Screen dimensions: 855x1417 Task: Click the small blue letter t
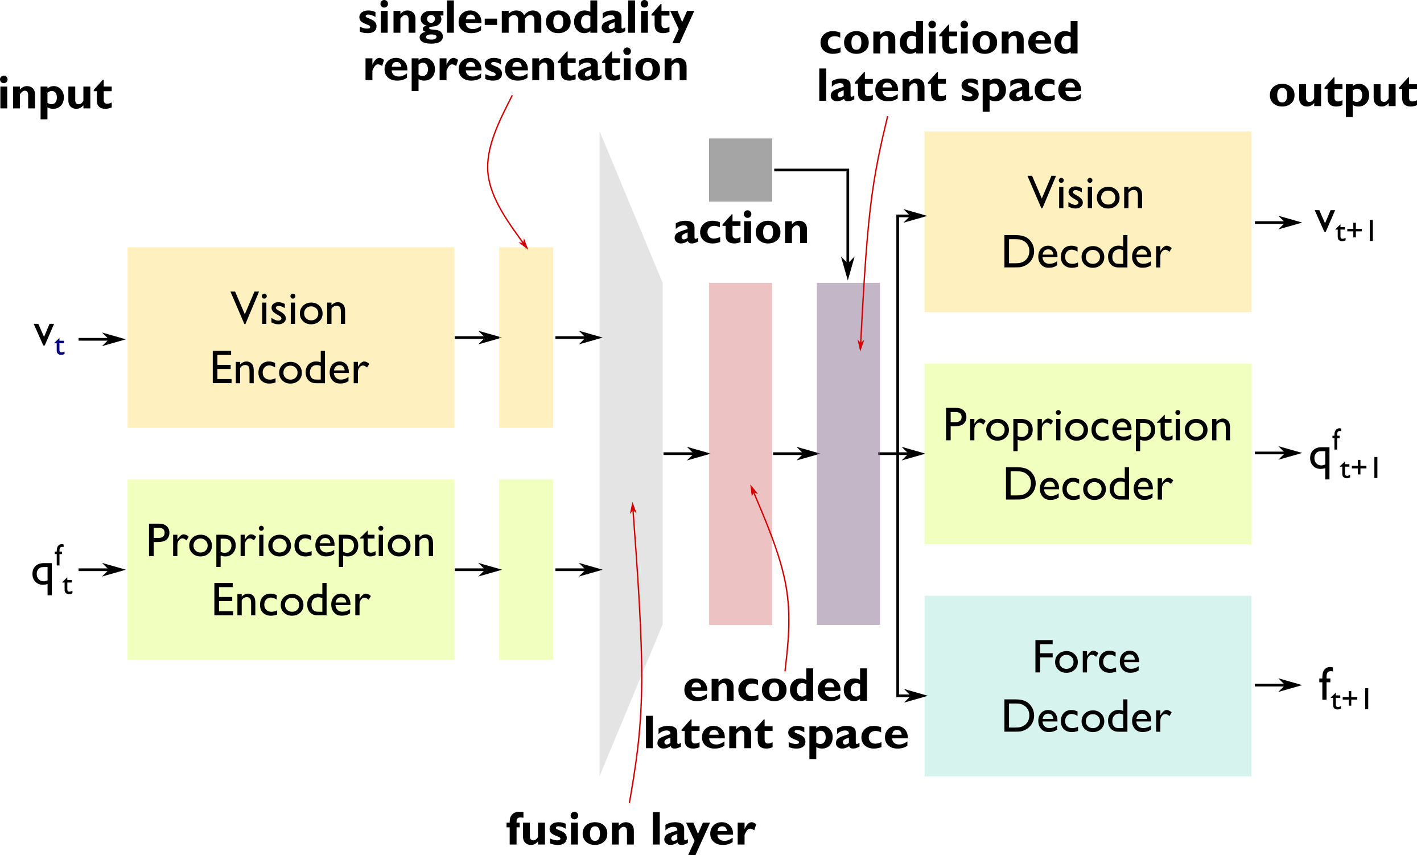pos(60,346)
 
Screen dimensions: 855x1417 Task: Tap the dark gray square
pos(740,170)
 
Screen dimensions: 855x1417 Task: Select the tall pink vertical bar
pos(740,403)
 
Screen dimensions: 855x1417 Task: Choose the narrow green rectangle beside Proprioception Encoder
pos(526,570)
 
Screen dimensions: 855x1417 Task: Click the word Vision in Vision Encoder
pos(289,309)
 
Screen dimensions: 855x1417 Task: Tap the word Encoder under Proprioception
pos(291,600)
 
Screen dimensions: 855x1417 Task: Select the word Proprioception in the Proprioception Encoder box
pos(290,541)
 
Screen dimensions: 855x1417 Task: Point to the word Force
pos(1086,657)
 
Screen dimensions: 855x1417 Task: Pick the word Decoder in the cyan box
pos(1086,716)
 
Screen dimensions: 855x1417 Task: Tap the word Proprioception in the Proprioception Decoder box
pos(1087,426)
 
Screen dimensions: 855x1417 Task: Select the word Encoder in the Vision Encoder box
pos(289,368)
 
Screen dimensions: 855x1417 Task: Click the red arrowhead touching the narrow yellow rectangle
pos(524,244)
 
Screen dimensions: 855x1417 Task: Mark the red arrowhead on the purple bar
pos(860,345)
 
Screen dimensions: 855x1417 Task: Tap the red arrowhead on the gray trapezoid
pos(633,507)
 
